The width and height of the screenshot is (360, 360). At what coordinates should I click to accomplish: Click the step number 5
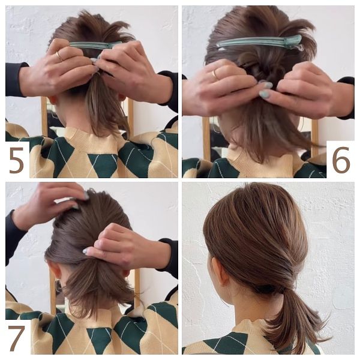click(x=16, y=160)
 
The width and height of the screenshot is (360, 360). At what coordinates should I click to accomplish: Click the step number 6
click(x=341, y=160)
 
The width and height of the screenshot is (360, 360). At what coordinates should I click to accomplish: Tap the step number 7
click(x=16, y=338)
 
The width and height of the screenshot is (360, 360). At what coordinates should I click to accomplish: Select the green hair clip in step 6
click(x=259, y=43)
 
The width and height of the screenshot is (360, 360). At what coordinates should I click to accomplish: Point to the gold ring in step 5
click(x=59, y=56)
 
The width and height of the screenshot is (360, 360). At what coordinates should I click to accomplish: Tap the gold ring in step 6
click(x=215, y=74)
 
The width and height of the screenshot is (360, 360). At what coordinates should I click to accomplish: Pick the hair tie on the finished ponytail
click(x=266, y=289)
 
